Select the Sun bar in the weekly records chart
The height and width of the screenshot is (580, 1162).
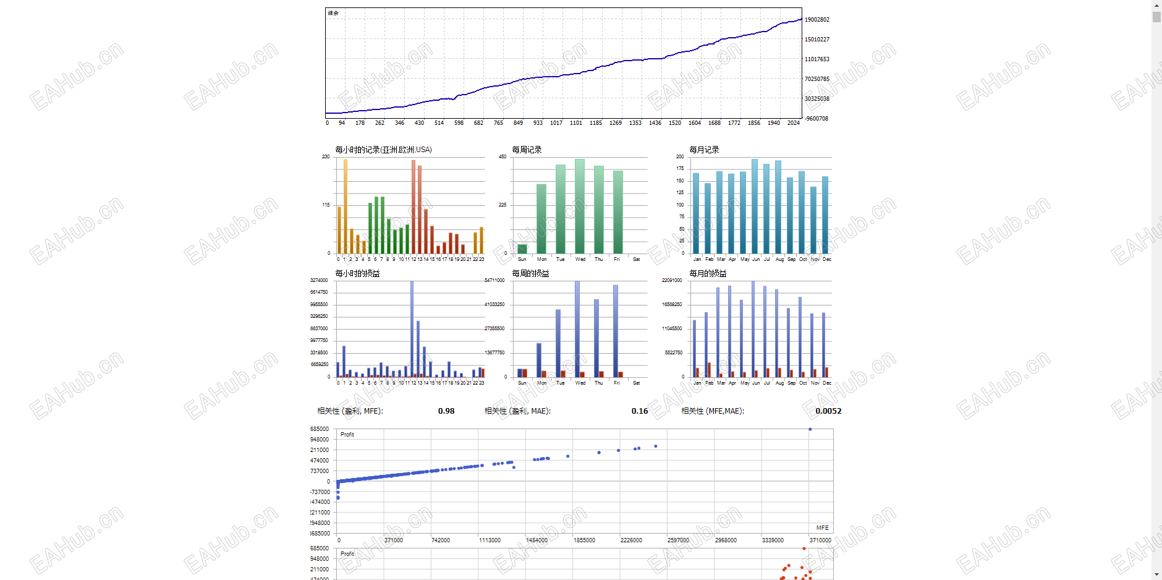pos(522,249)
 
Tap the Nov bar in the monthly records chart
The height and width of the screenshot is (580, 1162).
pos(813,220)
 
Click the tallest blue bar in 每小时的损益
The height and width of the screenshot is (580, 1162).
pos(412,328)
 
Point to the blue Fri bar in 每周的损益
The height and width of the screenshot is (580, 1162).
pos(616,331)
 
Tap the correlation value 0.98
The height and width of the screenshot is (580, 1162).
pos(446,411)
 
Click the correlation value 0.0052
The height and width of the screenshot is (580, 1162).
pos(828,411)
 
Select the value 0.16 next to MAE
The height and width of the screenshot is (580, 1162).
pos(640,411)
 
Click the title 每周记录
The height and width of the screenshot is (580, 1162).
pos(527,150)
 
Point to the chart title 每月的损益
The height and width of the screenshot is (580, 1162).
pos(708,273)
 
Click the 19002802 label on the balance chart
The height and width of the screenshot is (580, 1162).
pos(817,20)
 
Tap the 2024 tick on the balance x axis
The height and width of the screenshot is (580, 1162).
pos(794,123)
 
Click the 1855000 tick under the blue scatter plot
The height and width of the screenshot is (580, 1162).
pos(584,540)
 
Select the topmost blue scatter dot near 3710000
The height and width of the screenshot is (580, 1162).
pos(810,429)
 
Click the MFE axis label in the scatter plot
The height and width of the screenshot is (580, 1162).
pos(822,528)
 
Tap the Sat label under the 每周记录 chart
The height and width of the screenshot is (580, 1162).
pos(637,259)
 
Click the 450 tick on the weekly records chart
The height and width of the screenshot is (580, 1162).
pos(503,156)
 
